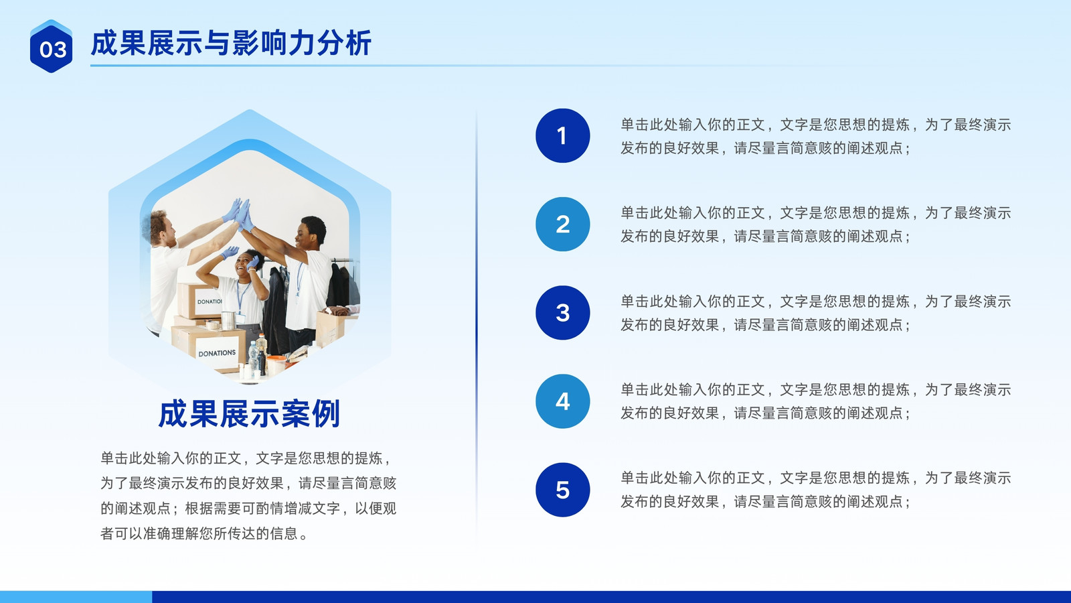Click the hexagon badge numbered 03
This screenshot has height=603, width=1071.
point(51,46)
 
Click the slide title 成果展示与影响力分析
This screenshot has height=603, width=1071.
point(231,43)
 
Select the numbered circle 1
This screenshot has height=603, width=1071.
point(563,135)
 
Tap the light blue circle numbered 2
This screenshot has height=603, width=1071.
point(563,224)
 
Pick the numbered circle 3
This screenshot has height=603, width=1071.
point(563,312)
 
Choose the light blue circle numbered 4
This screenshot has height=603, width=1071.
point(563,401)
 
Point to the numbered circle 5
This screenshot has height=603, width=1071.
point(563,490)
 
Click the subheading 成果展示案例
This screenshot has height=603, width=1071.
point(249,414)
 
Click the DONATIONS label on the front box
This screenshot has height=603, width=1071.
point(217,353)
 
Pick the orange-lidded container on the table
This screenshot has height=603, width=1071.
point(276,364)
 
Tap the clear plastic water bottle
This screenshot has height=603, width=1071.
point(253,356)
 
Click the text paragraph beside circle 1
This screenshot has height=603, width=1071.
point(816,137)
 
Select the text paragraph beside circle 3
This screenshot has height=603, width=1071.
point(816,313)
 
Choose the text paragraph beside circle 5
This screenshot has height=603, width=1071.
point(816,490)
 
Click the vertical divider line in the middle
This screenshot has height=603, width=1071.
point(476,326)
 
